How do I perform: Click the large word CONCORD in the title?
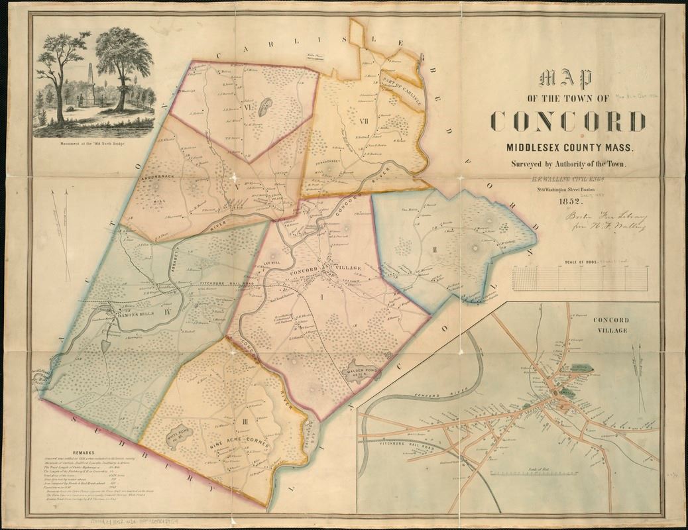(x=568, y=121)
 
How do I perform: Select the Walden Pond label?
(x=358, y=372)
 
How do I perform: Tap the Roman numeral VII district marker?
(x=362, y=121)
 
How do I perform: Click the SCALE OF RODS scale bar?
(x=579, y=277)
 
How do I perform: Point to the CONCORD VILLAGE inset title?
(x=612, y=325)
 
